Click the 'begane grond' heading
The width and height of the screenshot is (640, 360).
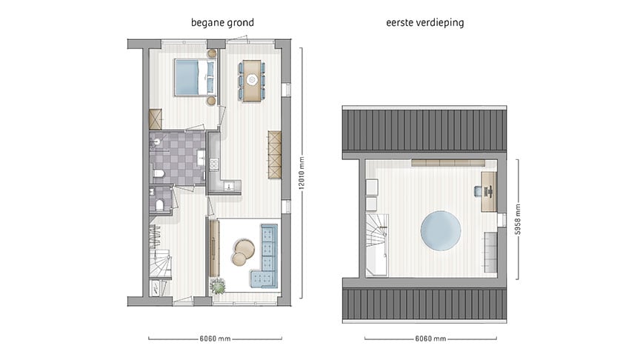[222, 22]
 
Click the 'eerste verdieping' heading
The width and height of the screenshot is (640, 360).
[425, 22]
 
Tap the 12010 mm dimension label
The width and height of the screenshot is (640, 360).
[302, 173]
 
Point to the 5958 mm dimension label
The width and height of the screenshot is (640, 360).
[518, 219]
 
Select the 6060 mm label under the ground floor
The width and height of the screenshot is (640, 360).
[215, 339]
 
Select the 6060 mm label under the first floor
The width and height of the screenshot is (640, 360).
[430, 339]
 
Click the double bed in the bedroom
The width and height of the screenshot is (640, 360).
[195, 77]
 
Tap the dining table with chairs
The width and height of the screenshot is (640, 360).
[251, 81]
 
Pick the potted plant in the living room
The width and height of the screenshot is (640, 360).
[218, 286]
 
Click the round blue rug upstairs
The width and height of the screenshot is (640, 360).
[441, 230]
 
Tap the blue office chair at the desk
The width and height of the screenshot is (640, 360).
[479, 191]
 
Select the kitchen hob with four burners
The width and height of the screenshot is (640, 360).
[214, 164]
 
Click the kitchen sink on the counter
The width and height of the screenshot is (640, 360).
[229, 186]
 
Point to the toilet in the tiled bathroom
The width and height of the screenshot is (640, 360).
[159, 174]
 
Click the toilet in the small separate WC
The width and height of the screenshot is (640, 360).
[159, 204]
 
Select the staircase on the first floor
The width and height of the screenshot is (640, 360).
[376, 244]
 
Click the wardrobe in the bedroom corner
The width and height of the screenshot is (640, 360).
[156, 119]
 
